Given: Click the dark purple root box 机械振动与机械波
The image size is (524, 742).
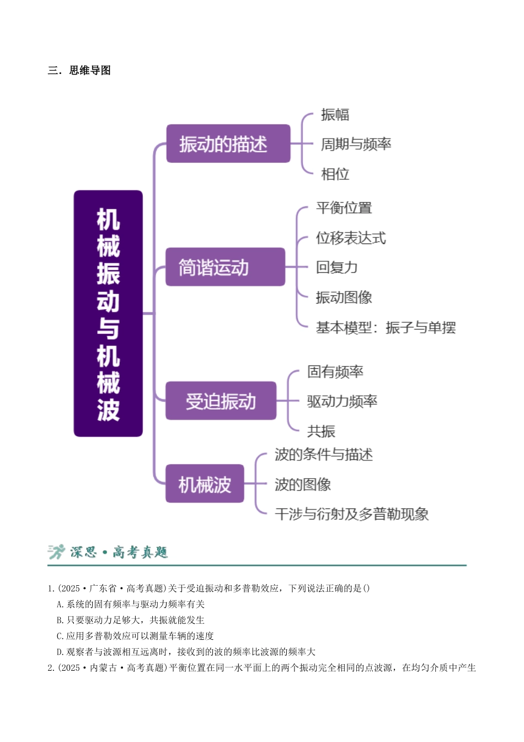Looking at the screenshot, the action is tap(108, 314).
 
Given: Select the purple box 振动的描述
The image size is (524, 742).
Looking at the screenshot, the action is tap(228, 144).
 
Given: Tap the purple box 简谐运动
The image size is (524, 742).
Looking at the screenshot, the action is tap(225, 267).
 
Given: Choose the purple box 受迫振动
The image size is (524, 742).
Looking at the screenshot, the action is tap(221, 400).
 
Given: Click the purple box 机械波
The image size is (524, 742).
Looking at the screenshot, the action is tap(205, 483).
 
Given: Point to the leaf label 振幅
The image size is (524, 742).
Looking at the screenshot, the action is tap(335, 115).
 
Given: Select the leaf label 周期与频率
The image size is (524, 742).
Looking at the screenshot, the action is tap(356, 144).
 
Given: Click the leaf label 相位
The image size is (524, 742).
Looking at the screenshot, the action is tap(335, 174).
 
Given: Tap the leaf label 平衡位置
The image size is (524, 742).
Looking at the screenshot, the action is tap(344, 208).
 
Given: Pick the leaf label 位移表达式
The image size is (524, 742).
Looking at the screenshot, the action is tap(351, 238).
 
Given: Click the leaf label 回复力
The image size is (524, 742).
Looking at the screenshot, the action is tap(336, 267).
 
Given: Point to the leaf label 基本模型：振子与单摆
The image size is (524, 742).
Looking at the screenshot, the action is tap(386, 327).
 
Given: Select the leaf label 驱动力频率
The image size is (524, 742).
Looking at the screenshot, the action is tap(342, 401).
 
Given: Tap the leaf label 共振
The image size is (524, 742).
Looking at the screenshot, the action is tap(321, 431).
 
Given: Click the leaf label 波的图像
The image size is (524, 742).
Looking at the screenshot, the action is tap(303, 484).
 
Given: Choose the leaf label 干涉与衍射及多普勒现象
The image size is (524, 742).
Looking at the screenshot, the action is tap(351, 514).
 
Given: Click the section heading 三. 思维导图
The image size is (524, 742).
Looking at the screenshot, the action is tap(79, 70).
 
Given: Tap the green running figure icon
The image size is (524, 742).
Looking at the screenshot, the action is tap(56, 552).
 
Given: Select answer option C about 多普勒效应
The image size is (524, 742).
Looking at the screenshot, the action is tap(135, 635).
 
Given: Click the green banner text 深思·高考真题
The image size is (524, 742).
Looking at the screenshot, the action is tap(119, 552).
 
